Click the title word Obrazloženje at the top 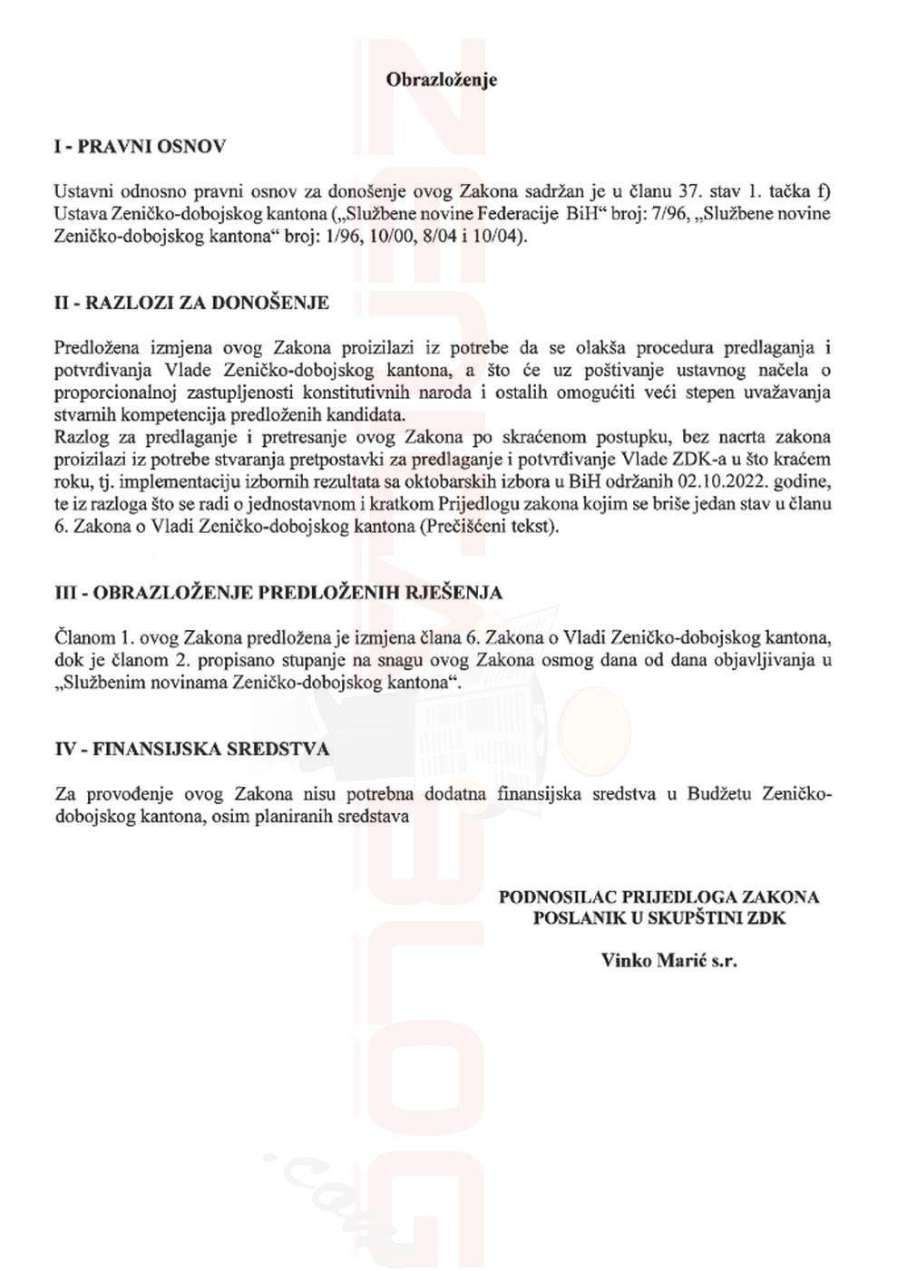click(442, 80)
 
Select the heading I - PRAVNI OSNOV click(140, 147)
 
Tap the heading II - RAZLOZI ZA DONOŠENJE click(191, 303)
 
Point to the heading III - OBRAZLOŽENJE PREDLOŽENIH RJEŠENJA click(278, 593)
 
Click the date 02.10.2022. click(721, 481)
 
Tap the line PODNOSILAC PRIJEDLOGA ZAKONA click(659, 897)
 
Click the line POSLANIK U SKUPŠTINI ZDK click(659, 917)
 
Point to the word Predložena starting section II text click(97, 348)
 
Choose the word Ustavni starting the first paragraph click(83, 192)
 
